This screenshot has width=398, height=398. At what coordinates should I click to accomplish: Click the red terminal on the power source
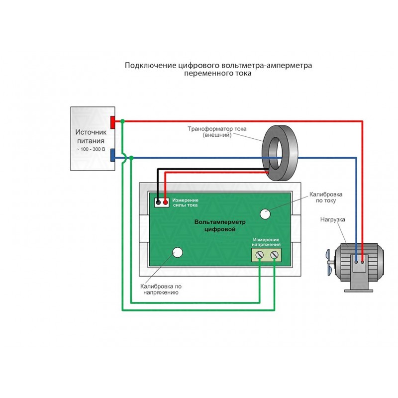coord(113,122)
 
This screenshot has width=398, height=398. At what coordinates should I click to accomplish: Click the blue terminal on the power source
coord(113,155)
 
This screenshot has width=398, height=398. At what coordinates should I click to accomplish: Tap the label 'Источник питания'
coord(91,136)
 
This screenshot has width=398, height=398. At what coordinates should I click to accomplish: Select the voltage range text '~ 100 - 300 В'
coord(91,149)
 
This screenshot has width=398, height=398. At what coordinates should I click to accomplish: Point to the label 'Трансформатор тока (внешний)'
coord(217,132)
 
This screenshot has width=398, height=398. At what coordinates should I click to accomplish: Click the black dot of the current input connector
coord(158,202)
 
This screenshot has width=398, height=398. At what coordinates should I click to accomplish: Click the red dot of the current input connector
coord(166,202)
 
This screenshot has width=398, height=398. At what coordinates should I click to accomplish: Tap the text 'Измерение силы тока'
coord(185,202)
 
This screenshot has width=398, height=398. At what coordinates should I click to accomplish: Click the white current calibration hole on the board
coord(265,214)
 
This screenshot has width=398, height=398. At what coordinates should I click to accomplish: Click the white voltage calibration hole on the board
coord(178,252)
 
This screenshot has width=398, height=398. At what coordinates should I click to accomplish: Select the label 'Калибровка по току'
coord(326,198)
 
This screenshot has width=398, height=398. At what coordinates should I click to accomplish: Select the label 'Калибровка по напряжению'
coord(161,290)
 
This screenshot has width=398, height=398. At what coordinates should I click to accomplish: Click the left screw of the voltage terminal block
coord(259,255)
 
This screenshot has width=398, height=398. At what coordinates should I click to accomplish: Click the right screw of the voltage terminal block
coord(275,255)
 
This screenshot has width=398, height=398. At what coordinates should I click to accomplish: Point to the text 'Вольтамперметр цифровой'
coord(220,226)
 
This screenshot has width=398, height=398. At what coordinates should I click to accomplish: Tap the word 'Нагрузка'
coord(332,219)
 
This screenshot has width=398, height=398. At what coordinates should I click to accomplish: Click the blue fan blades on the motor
coord(329,262)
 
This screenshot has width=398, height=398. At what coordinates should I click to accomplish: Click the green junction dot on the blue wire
coord(131,158)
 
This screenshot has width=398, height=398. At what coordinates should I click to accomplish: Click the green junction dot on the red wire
coord(122,121)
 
